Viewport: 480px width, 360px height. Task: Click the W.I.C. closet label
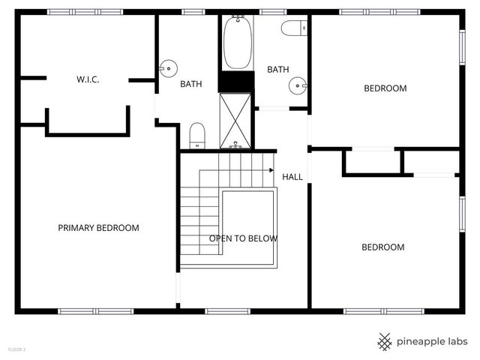pos(88,79)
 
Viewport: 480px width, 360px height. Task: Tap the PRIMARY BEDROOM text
pos(98,228)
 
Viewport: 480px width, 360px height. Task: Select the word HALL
pos(292,177)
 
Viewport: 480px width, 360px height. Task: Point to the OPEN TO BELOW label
pos(243,238)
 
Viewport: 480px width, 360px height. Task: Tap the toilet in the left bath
pos(197,135)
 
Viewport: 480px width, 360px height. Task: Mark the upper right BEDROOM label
pos(385,88)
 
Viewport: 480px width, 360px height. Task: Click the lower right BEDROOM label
pos(382,247)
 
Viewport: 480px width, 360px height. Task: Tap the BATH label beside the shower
pos(190,84)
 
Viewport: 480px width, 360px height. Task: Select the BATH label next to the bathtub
pos(278,70)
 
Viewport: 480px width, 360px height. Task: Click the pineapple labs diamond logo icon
pos(385,342)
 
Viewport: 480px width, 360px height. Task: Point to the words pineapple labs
pos(433,342)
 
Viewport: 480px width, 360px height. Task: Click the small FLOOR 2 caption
pos(16,349)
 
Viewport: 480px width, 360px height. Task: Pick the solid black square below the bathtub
pos(237,81)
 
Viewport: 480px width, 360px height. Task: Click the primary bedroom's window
pos(95,310)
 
